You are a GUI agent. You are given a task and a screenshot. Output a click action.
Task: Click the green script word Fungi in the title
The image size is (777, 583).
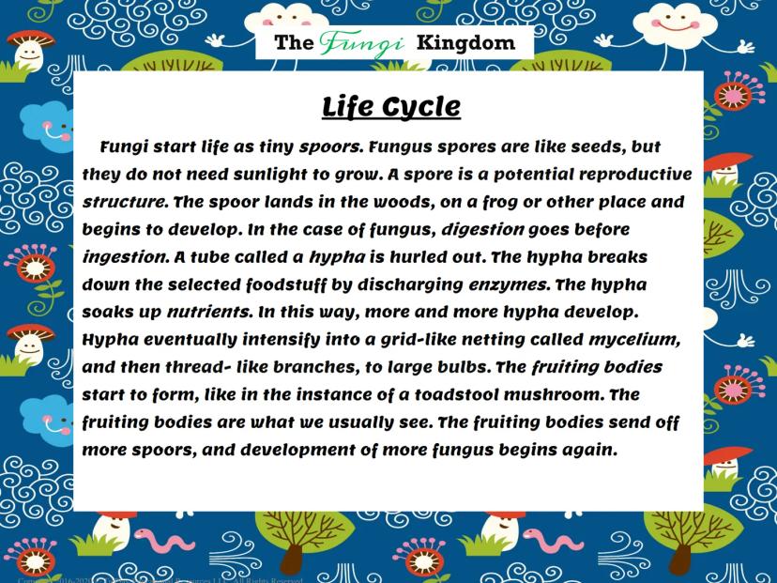361,43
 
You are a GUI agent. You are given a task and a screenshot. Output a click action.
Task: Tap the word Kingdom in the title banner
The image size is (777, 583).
465,42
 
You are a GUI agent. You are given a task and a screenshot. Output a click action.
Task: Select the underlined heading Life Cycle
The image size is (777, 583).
391,107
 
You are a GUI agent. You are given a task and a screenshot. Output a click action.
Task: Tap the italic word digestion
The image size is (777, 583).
482,229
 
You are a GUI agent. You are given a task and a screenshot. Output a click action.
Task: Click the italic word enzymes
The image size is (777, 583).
508,285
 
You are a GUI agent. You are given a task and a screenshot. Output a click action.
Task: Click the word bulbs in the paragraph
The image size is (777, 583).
463,367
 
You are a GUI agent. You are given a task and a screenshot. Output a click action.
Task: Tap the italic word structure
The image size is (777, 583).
124,202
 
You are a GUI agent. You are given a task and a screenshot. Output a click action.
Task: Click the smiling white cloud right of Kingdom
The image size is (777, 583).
676,26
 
